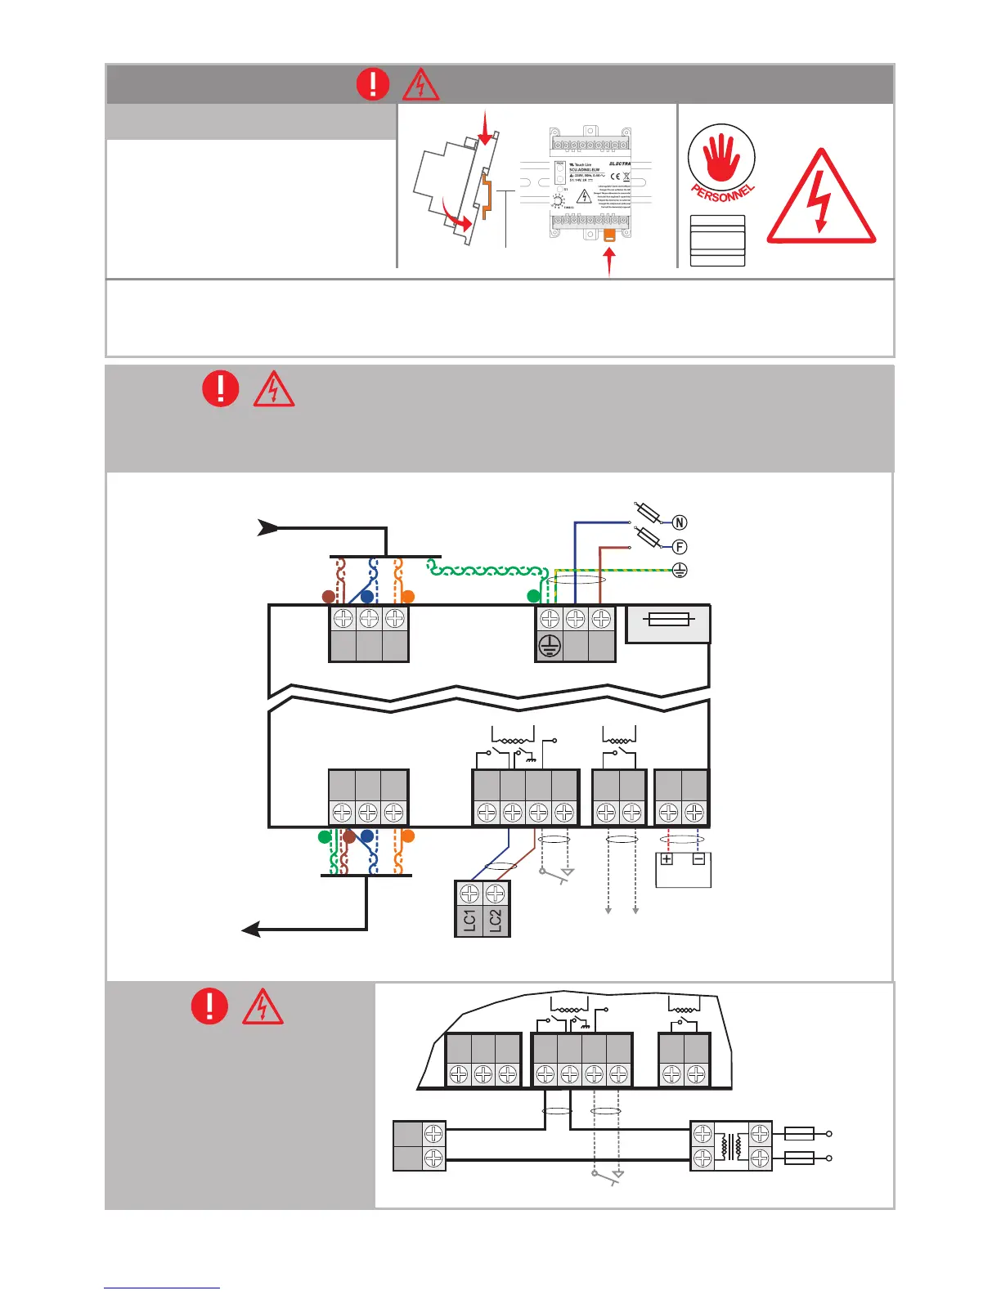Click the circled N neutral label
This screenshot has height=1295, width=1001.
click(680, 522)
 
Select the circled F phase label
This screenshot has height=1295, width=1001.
click(680, 547)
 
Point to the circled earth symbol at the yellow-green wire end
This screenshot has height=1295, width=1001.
click(680, 571)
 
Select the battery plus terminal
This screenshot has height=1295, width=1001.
click(667, 859)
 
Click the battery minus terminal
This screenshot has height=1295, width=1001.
click(698, 859)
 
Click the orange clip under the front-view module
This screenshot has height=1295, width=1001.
click(609, 236)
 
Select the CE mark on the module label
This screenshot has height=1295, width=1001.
click(615, 177)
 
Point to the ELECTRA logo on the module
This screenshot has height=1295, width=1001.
click(620, 164)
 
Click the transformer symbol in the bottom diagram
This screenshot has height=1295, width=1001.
click(731, 1145)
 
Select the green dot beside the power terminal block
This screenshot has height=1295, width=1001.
click(534, 596)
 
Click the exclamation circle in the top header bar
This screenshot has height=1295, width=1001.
click(374, 83)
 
